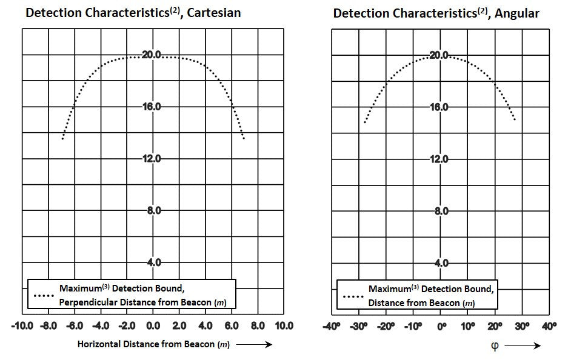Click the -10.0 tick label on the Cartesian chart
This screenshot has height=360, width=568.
coord(22,326)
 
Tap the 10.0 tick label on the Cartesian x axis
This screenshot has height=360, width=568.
coord(283,326)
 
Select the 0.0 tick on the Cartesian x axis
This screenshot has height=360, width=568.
coord(153,326)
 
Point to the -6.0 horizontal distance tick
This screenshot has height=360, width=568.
coord(75,326)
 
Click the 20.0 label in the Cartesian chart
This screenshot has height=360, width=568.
coord(152,55)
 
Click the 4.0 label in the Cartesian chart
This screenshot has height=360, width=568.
coord(153,262)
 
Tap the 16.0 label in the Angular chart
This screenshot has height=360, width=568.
coord(439,107)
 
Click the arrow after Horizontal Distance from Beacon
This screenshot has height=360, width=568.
coord(254,344)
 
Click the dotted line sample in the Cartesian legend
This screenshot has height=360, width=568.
coord(44,295)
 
